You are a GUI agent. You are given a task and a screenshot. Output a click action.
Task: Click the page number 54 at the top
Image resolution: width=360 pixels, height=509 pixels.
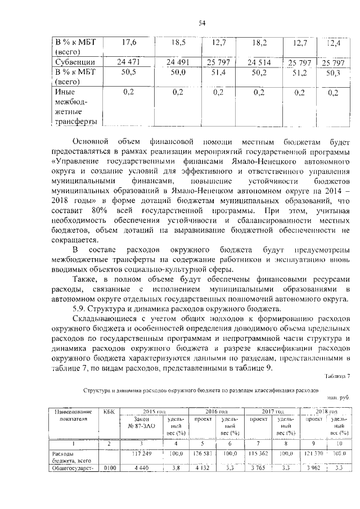point(202,22)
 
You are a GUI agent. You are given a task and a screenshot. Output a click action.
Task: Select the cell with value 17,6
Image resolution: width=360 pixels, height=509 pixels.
point(130,42)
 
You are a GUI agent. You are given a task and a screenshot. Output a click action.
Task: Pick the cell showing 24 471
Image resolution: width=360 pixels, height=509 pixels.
point(129,61)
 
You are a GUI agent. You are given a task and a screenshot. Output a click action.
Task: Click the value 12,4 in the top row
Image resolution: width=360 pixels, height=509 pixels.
point(334,42)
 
